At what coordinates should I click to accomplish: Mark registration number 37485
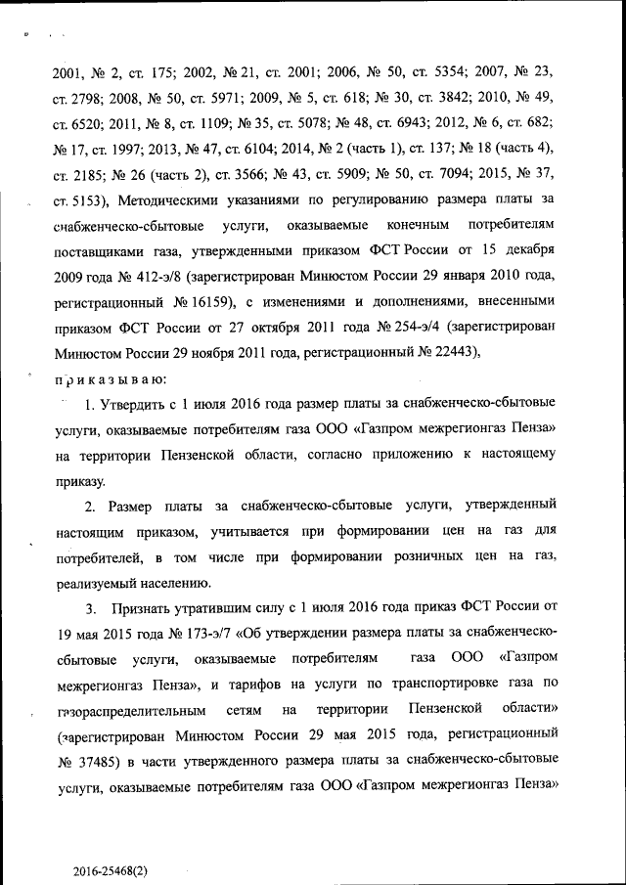[x=98, y=759]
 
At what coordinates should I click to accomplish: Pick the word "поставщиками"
[x=107, y=251]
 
